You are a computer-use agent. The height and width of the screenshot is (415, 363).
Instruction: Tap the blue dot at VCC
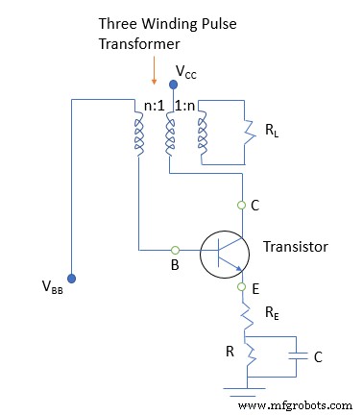173,85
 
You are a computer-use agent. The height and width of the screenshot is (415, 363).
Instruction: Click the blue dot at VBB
71,280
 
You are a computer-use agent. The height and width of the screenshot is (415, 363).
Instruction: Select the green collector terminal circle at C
243,205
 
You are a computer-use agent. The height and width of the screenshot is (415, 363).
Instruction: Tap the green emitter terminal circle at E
243,285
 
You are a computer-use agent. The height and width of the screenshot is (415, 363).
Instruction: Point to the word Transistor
296,248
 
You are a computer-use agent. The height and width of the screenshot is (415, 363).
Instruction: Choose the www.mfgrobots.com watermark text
296,403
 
